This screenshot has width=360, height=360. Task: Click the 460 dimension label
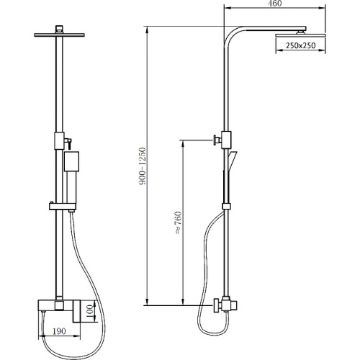click(274, 4)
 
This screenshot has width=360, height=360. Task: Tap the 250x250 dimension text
click(300, 45)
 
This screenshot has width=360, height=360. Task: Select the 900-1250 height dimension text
click(143, 166)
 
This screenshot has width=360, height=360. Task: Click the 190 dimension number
click(59, 331)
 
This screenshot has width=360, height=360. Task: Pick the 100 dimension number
click(89, 311)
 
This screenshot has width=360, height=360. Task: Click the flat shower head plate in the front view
click(59, 35)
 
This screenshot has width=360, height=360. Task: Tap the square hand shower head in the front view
click(71, 161)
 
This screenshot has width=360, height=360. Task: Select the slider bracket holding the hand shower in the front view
click(63, 207)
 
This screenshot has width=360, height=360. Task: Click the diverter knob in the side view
click(217, 140)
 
